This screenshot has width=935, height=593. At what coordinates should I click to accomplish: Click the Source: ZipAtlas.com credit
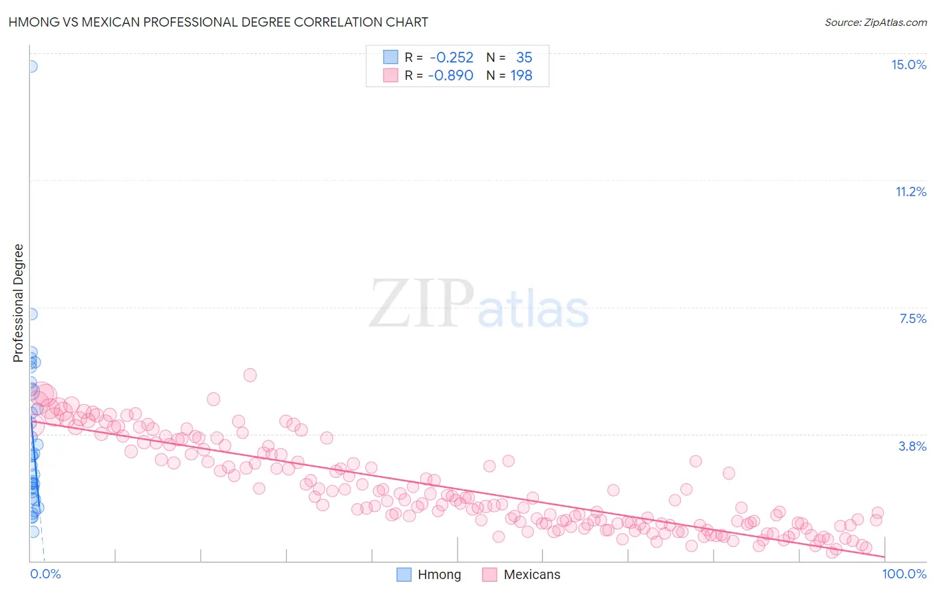tap(875, 22)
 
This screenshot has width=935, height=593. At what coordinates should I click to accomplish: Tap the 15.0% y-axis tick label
tap(908, 64)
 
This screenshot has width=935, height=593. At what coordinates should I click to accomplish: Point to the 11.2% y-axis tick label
tap(910, 191)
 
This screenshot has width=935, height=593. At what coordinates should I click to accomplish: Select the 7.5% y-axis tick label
tap(912, 318)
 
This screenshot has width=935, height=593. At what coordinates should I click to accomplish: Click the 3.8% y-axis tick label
tap(912, 446)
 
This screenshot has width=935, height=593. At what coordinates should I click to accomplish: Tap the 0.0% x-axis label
tap(45, 574)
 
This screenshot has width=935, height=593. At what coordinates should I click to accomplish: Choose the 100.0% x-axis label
tap(904, 574)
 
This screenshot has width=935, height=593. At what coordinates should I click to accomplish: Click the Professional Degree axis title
tap(18, 303)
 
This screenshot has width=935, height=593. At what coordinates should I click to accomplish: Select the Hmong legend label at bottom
tap(439, 574)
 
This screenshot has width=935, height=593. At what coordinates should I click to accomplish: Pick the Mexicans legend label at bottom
tap(532, 574)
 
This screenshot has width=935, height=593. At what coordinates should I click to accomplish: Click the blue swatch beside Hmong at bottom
tap(404, 574)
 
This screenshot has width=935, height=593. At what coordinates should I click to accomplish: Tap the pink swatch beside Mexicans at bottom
tap(490, 574)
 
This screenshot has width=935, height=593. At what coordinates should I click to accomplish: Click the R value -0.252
tap(452, 58)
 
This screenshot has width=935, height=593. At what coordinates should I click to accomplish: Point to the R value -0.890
tap(450, 76)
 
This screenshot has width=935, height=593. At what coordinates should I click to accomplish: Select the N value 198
tap(521, 76)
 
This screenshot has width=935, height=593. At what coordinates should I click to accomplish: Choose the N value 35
tap(524, 58)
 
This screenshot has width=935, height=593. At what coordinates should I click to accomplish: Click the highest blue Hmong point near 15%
tap(31, 66)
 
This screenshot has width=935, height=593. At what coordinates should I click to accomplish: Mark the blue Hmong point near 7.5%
tap(31, 314)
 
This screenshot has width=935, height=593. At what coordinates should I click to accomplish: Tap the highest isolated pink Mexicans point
tap(250, 375)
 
